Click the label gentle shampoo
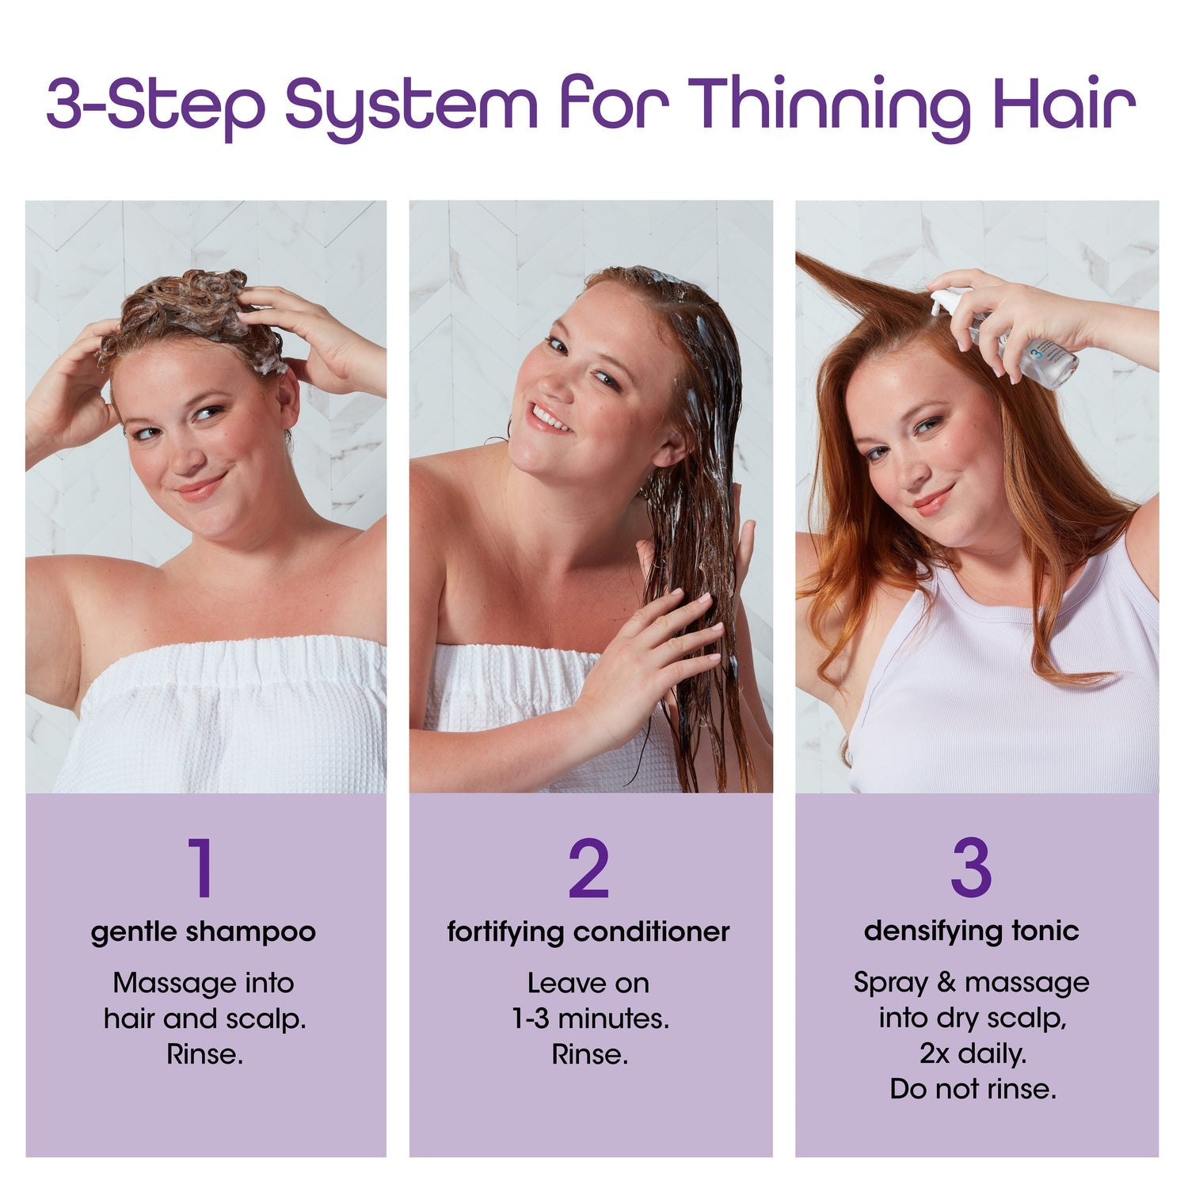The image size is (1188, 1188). [x=204, y=932]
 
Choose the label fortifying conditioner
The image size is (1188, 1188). [x=588, y=932]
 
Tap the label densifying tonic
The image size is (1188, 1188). [x=972, y=931]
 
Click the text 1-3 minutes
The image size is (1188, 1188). [x=590, y=1019]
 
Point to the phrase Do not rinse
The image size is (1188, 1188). [x=973, y=1089]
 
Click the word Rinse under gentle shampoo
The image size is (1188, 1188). [x=205, y=1054]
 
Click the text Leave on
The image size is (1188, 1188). [x=588, y=983]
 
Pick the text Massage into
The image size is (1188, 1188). [x=204, y=983]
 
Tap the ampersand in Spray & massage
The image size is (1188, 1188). [x=946, y=983]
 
